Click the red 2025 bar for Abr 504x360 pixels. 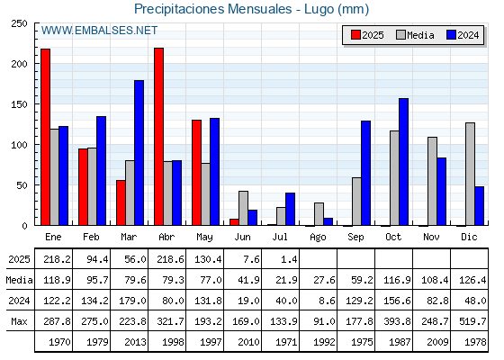158,137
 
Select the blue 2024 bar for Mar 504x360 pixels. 139,153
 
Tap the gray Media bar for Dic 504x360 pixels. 470,174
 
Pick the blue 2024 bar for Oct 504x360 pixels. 404,162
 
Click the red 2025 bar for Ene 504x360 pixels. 45,137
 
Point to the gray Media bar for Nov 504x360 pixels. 432,181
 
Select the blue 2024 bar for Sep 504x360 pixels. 365,173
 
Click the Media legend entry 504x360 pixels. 415,35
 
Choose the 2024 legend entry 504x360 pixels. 463,35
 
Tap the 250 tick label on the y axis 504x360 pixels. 19,23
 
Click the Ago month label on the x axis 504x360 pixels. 318,238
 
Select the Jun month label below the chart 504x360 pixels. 242,237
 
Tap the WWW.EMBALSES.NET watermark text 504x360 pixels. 99,31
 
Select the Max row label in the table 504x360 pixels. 19,321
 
